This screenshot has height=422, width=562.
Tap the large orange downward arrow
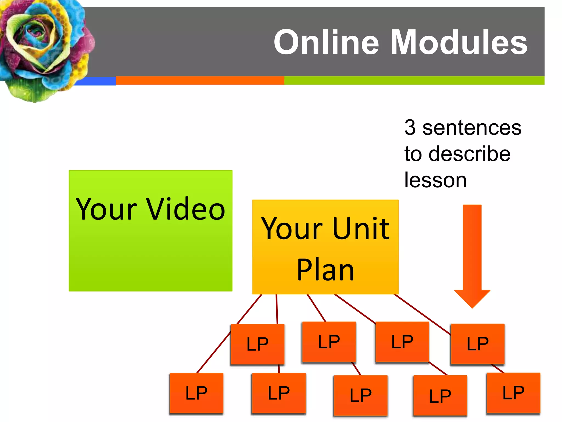[472, 256]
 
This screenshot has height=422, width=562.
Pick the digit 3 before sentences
[410, 127]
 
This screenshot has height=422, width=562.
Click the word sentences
[472, 128]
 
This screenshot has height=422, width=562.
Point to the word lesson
[435, 180]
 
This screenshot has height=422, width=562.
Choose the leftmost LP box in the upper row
[257, 344]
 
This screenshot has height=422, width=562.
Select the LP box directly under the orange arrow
[477, 344]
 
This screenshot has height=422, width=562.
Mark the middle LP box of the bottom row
[361, 395]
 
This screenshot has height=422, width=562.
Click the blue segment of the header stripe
[95, 81]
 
